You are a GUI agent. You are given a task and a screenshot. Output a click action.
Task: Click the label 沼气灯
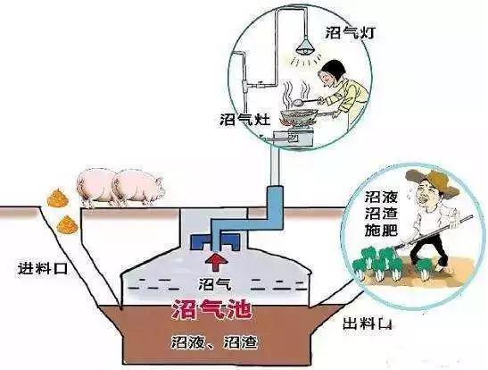pyautogui.click(x=350, y=32)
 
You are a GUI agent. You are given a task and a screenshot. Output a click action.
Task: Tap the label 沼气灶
pyautogui.click(x=245, y=119)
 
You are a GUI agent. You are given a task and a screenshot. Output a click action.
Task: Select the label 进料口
pyautogui.click(x=43, y=268)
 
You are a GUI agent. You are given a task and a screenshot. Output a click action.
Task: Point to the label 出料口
pyautogui.click(x=367, y=324)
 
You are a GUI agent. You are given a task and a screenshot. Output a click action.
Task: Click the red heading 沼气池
pyautogui.click(x=211, y=309)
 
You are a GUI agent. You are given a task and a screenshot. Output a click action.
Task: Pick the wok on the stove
pyautogui.click(x=298, y=117)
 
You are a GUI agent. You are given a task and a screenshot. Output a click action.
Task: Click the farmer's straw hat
pyautogui.click(x=433, y=181)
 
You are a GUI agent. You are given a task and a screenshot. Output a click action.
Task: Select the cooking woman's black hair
pyautogui.click(x=332, y=69)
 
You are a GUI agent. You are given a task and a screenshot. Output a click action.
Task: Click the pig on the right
pyautogui.click(x=138, y=187)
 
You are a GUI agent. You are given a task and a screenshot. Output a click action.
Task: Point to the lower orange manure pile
pyautogui.click(x=67, y=225)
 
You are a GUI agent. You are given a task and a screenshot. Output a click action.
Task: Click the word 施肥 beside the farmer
pyautogui.click(x=381, y=230)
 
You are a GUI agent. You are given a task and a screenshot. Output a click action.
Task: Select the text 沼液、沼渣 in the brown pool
pyautogui.click(x=214, y=342)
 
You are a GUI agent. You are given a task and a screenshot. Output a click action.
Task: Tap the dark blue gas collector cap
pyautogui.click(x=215, y=241)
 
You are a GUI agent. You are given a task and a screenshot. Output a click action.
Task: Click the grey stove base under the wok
pyautogui.click(x=293, y=138)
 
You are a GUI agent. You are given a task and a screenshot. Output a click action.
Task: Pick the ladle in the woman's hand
pyautogui.click(x=308, y=101)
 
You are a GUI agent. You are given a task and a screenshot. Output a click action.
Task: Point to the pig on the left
pyautogui.click(x=95, y=188)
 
